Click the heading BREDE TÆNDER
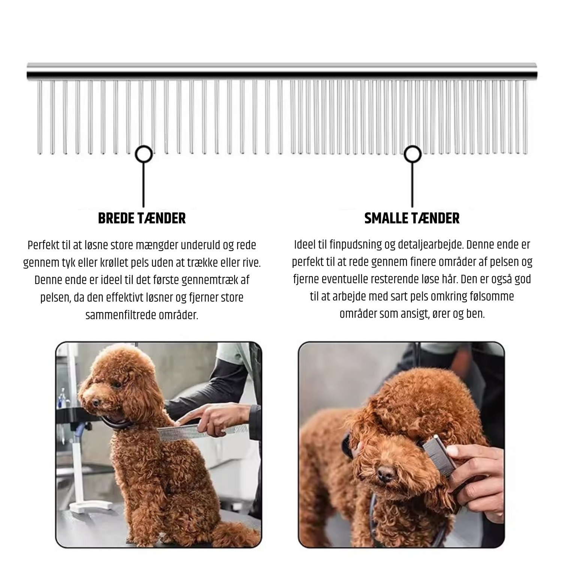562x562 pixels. click(142, 218)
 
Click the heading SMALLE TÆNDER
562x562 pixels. click(412, 218)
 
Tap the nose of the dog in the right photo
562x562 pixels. click(386, 473)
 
